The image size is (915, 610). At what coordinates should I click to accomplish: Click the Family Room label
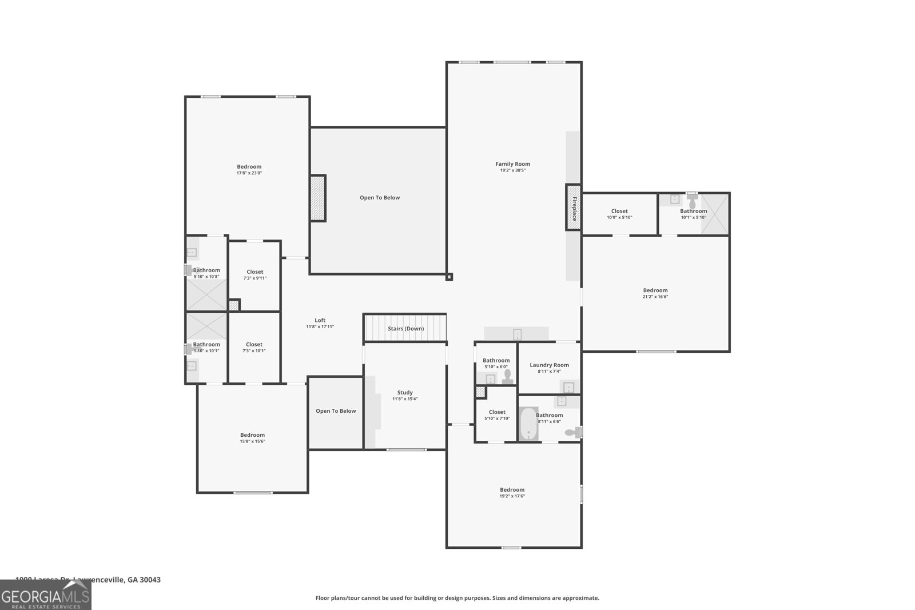tap(512, 164)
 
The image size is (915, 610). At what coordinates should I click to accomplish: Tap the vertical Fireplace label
tap(574, 208)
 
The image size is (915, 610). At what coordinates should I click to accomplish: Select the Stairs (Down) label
tap(405, 329)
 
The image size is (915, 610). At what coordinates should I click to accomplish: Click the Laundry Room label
tap(549, 365)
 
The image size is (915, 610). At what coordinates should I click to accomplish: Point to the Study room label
tap(405, 392)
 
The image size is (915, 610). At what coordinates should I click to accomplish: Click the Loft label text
tap(320, 320)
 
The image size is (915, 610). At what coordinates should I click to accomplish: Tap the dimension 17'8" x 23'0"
tap(249, 173)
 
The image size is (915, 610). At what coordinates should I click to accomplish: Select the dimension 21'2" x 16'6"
tap(655, 297)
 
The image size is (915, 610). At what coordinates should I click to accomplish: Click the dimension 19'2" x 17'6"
tap(512, 496)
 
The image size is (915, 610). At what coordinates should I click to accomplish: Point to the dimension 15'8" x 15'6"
tap(252, 441)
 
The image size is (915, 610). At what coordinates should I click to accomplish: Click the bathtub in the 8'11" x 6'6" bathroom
tap(528, 424)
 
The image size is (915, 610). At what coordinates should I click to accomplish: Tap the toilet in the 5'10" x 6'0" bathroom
tap(507, 376)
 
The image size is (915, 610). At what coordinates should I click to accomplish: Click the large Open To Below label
tap(379, 198)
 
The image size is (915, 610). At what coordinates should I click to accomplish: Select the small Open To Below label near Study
tap(336, 411)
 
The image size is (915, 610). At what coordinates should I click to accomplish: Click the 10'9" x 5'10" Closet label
tap(619, 211)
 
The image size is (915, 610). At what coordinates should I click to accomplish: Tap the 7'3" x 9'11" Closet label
tap(255, 272)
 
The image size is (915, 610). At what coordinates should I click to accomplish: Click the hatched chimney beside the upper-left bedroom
tap(317, 198)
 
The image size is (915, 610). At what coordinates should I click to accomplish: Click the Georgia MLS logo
tap(45, 595)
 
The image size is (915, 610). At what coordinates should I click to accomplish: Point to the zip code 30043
tap(152, 580)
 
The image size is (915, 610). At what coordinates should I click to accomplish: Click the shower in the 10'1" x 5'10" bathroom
tap(715, 214)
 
